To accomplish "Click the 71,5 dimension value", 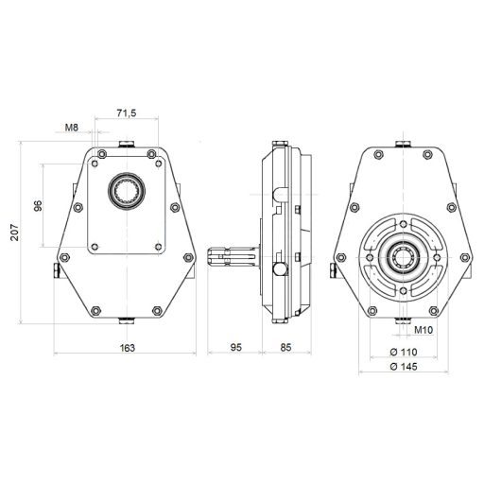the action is [127, 112].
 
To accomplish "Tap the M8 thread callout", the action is [72, 128].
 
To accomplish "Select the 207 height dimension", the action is [15, 233].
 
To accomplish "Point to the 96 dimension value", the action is [38, 206].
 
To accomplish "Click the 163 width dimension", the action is [128, 348].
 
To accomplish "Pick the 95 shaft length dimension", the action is [235, 347].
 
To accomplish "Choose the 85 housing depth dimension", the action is [285, 347].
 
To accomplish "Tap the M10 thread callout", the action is [423, 330].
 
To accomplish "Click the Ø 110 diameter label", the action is [404, 352].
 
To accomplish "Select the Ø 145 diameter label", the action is [404, 367].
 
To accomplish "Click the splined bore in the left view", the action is [127, 191].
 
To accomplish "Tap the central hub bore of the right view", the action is [403, 257].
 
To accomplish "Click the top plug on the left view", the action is [127, 145].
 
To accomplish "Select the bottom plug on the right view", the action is [403, 320].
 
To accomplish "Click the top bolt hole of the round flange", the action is [403, 224].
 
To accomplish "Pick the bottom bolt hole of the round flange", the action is [403, 290].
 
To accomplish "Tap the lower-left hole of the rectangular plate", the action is [95, 247].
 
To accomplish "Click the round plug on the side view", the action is [280, 268].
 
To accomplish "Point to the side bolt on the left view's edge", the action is [56, 270].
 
